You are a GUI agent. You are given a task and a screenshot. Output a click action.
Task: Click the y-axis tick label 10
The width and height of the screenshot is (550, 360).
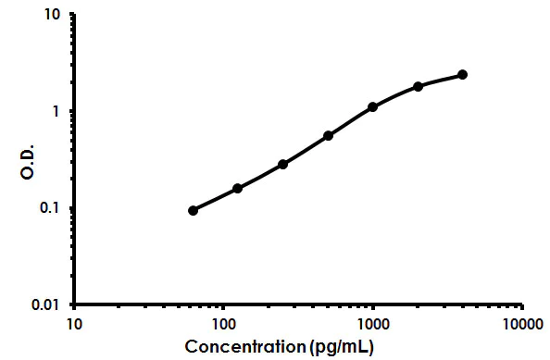pyautogui.click(x=53, y=16)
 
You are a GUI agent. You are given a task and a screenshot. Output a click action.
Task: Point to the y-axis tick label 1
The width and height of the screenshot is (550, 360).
pyautogui.click(x=57, y=111)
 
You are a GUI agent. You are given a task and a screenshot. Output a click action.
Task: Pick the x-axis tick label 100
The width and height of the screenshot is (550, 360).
pyautogui.click(x=223, y=325)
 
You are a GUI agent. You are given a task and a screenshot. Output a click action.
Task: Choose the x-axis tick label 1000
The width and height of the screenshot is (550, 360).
pyautogui.click(x=373, y=325)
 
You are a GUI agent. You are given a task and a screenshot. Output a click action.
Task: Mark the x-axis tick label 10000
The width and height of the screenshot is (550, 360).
pyautogui.click(x=522, y=325)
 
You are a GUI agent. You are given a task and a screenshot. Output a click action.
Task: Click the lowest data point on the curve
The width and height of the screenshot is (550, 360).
pyautogui.click(x=193, y=210)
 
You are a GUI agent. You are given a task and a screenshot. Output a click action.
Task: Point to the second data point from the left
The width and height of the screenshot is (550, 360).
pyautogui.click(x=237, y=188)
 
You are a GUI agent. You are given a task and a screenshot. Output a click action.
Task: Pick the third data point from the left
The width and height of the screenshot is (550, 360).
pyautogui.click(x=282, y=164)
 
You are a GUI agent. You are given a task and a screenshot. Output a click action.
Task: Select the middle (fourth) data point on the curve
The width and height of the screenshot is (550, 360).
pyautogui.click(x=328, y=135)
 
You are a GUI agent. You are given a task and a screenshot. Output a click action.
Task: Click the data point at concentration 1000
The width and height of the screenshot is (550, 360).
pyautogui.click(x=372, y=106)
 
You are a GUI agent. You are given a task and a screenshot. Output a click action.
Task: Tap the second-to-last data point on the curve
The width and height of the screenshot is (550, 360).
pyautogui.click(x=418, y=86)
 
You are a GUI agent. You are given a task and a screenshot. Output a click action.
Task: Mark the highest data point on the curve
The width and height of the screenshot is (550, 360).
pyautogui.click(x=462, y=74)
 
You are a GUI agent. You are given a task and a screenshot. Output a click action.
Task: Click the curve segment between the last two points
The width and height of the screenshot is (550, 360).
pyautogui.click(x=441, y=79)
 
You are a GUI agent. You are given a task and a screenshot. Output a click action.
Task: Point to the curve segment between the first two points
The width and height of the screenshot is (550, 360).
pyautogui.click(x=215, y=199)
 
